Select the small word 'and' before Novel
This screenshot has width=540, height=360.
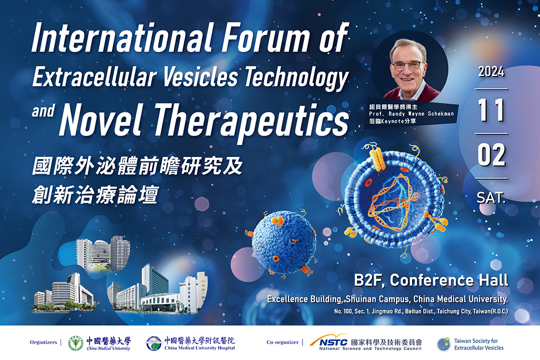coord(43,111)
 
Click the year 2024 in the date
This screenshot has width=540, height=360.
coord(491,71)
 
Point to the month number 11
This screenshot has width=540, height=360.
coord(491,110)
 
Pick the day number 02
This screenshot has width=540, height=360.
coord(491,155)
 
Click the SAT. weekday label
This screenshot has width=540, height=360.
coord(491,197)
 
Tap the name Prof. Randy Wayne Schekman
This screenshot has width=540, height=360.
coord(411,113)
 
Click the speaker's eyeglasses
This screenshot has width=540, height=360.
coord(407,65)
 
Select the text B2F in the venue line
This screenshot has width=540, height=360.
coord(369,280)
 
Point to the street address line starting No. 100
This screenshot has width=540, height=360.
coord(421,311)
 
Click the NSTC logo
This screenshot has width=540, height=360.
coord(328,340)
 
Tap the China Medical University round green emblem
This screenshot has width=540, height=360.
coord(76,343)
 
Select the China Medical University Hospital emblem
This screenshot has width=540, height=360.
coord(153,343)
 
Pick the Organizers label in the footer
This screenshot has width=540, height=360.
coord(43,342)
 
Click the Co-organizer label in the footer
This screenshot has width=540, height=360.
coord(282,342)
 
